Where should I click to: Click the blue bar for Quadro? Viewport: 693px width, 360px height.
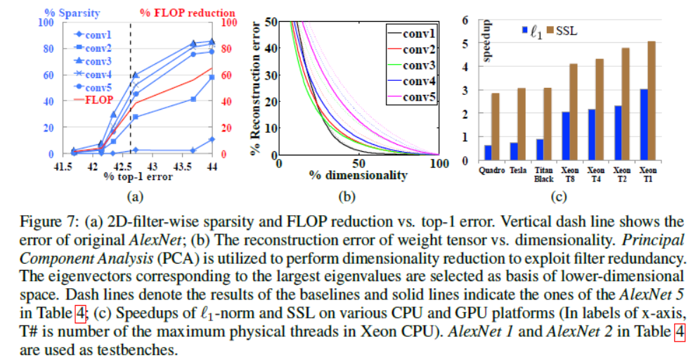[x=488, y=153]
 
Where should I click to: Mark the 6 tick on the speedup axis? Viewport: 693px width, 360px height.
[x=465, y=20]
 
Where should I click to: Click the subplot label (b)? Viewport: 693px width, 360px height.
[x=358, y=195]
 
